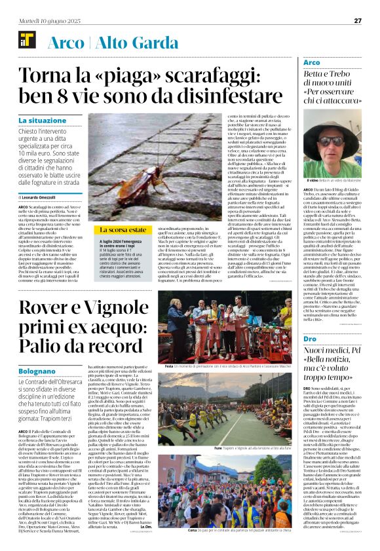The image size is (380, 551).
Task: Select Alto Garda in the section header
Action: pos(131,43)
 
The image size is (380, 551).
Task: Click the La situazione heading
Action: pos(43,121)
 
